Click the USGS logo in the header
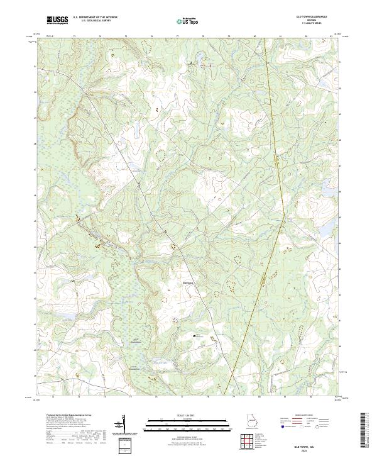click(57, 21)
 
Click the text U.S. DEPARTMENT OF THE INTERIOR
click(95, 17)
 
